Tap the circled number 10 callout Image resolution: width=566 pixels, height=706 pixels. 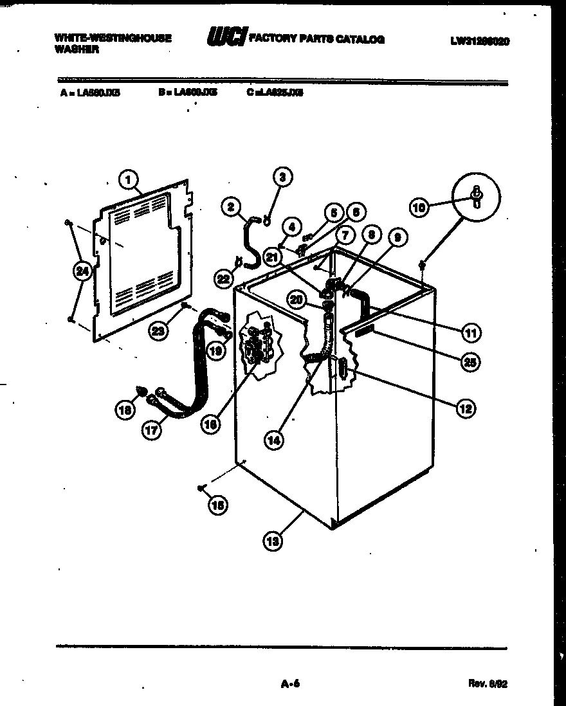click(x=419, y=206)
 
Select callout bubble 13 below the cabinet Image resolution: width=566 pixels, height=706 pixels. click(x=273, y=542)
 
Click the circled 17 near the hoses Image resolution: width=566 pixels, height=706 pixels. click(x=151, y=431)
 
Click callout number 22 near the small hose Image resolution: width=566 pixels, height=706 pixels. click(x=223, y=278)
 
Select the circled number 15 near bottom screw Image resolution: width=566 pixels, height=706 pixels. click(x=217, y=505)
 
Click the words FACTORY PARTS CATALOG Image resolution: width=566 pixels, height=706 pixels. click(x=316, y=40)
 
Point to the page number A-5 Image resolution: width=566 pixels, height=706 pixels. click(x=291, y=684)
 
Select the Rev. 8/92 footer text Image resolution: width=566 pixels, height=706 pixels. click(x=489, y=684)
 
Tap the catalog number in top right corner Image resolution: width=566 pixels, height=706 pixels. click(x=480, y=41)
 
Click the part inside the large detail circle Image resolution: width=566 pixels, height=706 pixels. click(x=476, y=197)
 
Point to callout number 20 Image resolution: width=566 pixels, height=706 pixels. click(x=296, y=299)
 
